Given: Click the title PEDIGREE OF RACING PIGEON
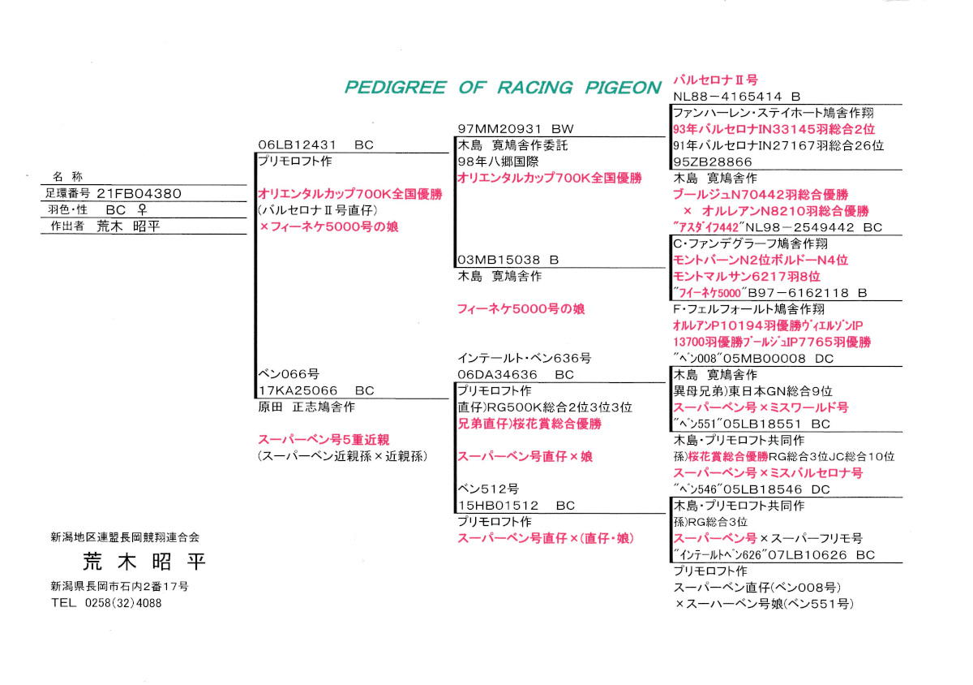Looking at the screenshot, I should coord(503,88).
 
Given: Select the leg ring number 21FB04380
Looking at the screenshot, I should coord(139,193).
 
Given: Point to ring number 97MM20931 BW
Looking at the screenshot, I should coord(515,129).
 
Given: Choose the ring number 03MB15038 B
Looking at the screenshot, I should coord(508,260).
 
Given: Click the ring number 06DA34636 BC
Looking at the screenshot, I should coord(515,374).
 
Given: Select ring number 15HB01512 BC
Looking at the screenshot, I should coord(515,505).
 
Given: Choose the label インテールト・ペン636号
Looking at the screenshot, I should coord(524,358).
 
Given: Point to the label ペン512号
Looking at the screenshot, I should coord(487,489).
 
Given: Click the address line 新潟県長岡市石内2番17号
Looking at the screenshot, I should coord(119,586).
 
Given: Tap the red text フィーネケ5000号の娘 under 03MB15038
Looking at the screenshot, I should coord(521,308).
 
